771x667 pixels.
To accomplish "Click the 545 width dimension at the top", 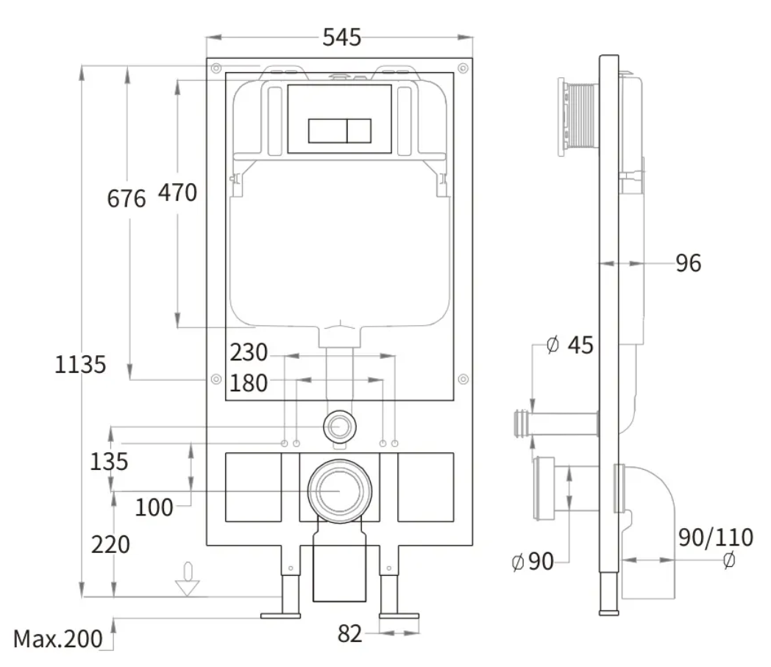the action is (342, 38).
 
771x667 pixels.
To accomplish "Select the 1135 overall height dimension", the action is (80, 365).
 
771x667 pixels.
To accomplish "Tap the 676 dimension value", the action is (127, 199).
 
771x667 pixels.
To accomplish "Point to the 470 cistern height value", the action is (177, 192).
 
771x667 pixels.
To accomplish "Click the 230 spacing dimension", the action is (249, 352).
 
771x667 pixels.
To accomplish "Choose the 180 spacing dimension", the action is (249, 383).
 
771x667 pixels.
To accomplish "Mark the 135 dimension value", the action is (109, 462).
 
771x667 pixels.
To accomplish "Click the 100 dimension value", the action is (154, 507).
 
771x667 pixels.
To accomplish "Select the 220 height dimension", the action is (110, 545).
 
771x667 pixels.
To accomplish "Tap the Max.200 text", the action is (58, 639).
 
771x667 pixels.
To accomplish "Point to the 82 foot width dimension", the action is (349, 634).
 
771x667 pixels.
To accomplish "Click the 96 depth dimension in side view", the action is (689, 263).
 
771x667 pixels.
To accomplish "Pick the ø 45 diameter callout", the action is (570, 345).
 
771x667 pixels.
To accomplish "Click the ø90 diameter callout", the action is (533, 561).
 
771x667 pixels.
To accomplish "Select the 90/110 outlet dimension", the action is (715, 538).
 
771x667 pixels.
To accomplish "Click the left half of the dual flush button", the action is (327, 131).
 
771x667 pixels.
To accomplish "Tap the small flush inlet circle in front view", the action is (339, 426).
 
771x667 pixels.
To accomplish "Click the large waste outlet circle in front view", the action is (340, 491).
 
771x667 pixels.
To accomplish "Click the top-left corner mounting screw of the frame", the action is (216, 68).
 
